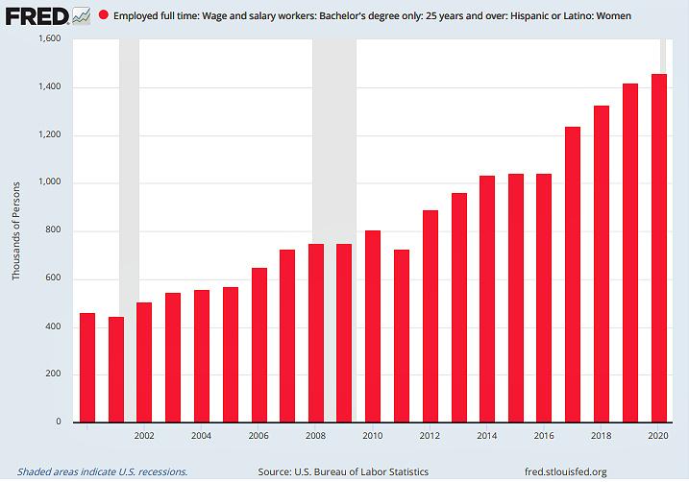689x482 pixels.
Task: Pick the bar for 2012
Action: [x=431, y=316]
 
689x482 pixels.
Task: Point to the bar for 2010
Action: [x=373, y=325]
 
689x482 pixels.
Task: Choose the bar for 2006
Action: [x=258, y=345]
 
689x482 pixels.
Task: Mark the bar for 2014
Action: [x=487, y=299]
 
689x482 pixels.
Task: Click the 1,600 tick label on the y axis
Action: [x=47, y=39]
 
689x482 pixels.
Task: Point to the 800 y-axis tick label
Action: [x=52, y=231]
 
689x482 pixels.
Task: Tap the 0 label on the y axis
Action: [x=58, y=422]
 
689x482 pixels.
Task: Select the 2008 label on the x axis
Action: [x=315, y=435]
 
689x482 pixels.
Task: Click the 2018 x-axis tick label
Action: [x=602, y=435]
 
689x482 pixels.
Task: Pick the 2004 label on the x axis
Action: [x=201, y=435]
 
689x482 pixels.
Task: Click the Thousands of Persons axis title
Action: [x=16, y=231]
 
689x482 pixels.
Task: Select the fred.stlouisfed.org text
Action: [x=562, y=471]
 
